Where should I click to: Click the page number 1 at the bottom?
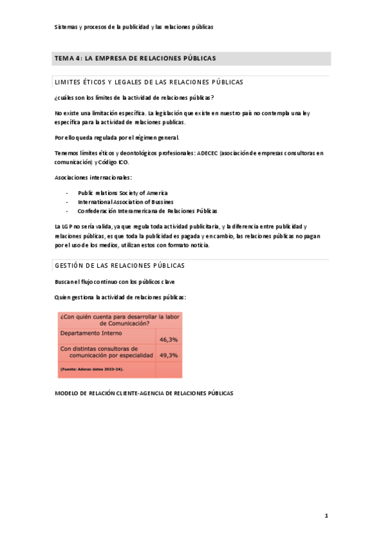[x=325, y=515]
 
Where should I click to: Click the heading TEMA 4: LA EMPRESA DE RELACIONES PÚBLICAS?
[x=136, y=58]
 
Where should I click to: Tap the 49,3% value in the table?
[x=169, y=355]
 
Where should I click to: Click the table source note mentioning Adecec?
[x=92, y=369]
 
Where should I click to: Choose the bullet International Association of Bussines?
[x=125, y=201]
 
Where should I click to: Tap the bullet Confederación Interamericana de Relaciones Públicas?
[x=147, y=210]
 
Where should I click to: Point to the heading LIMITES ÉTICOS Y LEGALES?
[x=149, y=82]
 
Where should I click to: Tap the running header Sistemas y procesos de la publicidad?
[x=134, y=27]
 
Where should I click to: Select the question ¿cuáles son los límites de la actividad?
[x=134, y=97]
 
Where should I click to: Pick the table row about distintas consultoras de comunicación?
[x=106, y=352]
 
